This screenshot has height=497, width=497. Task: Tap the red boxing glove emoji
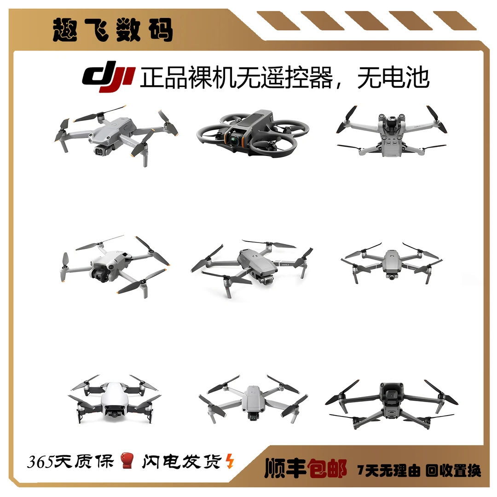coord(127,460)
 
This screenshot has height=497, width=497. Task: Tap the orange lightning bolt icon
coord(230,461)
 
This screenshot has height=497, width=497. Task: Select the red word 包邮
coord(327,468)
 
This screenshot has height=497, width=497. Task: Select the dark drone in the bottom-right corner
coord(391,403)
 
